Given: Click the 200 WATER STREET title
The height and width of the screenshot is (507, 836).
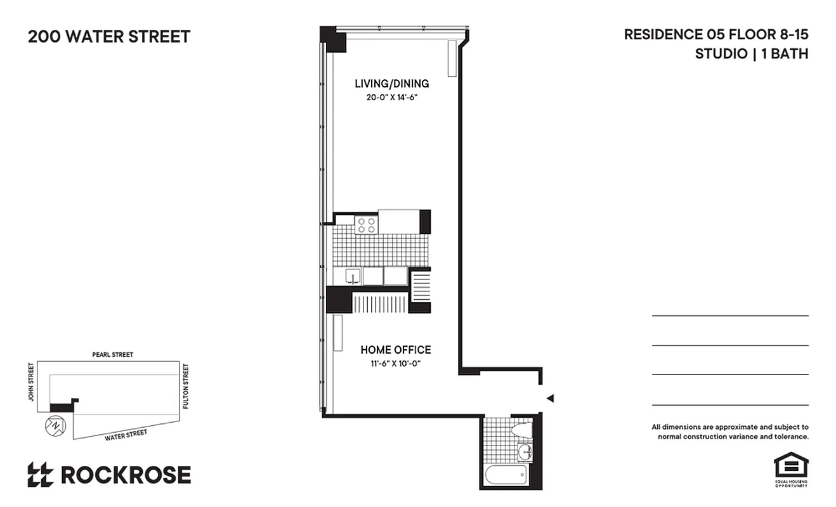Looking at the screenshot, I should coord(109,37).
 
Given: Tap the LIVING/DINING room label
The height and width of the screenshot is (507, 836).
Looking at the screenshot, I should coord(391,84).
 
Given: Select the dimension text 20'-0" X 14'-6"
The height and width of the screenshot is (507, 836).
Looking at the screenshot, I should coord(391,98).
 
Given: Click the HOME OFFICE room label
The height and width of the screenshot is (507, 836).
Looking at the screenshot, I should coord(395,350).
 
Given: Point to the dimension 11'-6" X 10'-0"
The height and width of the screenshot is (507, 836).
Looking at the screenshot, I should coord(395,363).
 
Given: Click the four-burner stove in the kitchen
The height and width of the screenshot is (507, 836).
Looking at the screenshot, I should coord(366,225).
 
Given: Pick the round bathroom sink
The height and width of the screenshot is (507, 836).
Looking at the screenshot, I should coord(525,452).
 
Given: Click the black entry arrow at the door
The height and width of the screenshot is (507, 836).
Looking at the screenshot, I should coord(551,398).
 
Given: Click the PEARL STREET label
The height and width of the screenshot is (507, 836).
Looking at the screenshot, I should coord(112,355).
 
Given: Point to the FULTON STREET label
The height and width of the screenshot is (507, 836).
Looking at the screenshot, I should coord(186,385).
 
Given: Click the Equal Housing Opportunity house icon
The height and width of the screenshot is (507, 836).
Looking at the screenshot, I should coord(790,466).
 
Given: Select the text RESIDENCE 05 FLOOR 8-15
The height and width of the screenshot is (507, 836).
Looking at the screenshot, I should coord(715,35).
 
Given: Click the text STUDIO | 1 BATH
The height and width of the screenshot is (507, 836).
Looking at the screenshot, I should coord(751,54).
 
